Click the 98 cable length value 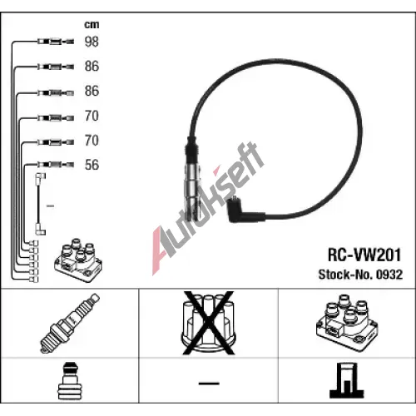[92, 42]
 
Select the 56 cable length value [92, 165]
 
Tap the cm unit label [92, 25]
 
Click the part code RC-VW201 [364, 255]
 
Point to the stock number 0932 [389, 275]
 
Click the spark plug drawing [70, 323]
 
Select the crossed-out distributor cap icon [209, 323]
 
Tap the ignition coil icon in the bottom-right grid [347, 323]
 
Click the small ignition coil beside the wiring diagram [78, 260]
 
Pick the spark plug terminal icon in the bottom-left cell [70, 380]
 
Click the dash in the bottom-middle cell [209, 384]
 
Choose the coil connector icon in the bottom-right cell [347, 380]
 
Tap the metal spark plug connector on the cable [192, 191]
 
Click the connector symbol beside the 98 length [56, 42]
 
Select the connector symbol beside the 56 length [56, 165]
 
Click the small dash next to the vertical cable [50, 206]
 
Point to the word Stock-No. [345, 275]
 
